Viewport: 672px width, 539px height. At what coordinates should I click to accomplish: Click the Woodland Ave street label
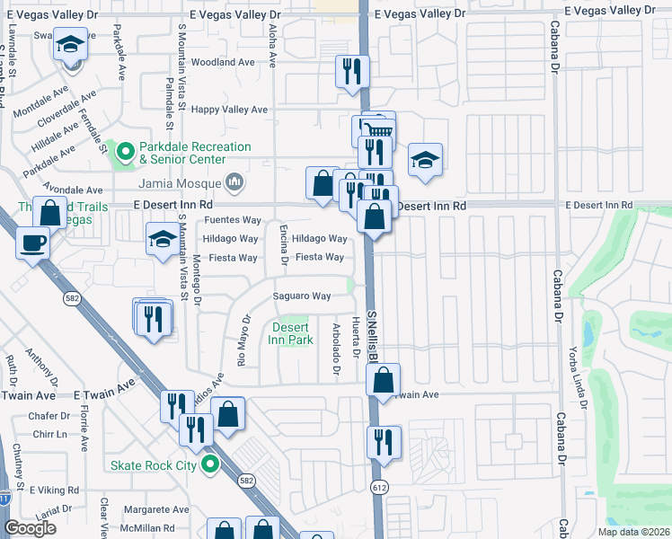(224, 62)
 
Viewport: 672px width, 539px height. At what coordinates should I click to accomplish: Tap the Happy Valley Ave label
(230, 110)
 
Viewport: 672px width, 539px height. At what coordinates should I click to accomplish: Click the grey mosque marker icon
(235, 182)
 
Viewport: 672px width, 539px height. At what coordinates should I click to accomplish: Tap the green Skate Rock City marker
(210, 464)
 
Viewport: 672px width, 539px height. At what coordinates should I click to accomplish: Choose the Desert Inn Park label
(291, 333)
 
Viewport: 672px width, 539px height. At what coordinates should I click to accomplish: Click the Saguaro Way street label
(303, 296)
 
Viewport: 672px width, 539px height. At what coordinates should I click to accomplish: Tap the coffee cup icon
(33, 244)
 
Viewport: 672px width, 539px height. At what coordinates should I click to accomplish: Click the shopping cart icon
(381, 130)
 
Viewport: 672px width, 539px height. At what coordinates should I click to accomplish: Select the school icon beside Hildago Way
(163, 239)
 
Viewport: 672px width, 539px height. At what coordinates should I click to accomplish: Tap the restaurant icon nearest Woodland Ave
(351, 71)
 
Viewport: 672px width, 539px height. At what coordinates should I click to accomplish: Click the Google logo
(29, 528)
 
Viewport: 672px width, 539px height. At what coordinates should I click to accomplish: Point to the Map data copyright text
(632, 532)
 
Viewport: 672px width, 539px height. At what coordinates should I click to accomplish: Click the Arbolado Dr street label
(336, 349)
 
